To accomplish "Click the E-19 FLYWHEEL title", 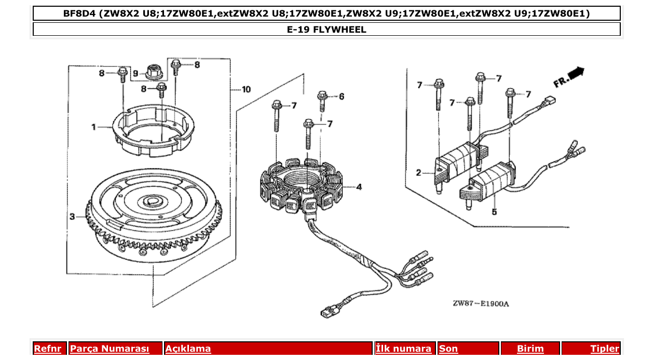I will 326,30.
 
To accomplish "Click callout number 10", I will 246,89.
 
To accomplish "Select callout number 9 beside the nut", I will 135,73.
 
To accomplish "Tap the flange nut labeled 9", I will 153,71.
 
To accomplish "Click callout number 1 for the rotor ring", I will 94,127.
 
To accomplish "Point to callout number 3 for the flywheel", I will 72,216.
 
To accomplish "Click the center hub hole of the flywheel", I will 154,200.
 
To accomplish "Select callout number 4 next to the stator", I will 359,187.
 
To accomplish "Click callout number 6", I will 342,96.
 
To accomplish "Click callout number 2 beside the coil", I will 418,173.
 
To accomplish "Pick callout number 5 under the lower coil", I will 494,212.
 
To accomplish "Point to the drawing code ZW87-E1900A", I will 481,303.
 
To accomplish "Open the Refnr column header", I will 47,349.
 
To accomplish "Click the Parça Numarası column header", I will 110,349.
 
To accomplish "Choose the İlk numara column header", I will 404,349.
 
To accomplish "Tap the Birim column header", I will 530,349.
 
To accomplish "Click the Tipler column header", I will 604,349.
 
